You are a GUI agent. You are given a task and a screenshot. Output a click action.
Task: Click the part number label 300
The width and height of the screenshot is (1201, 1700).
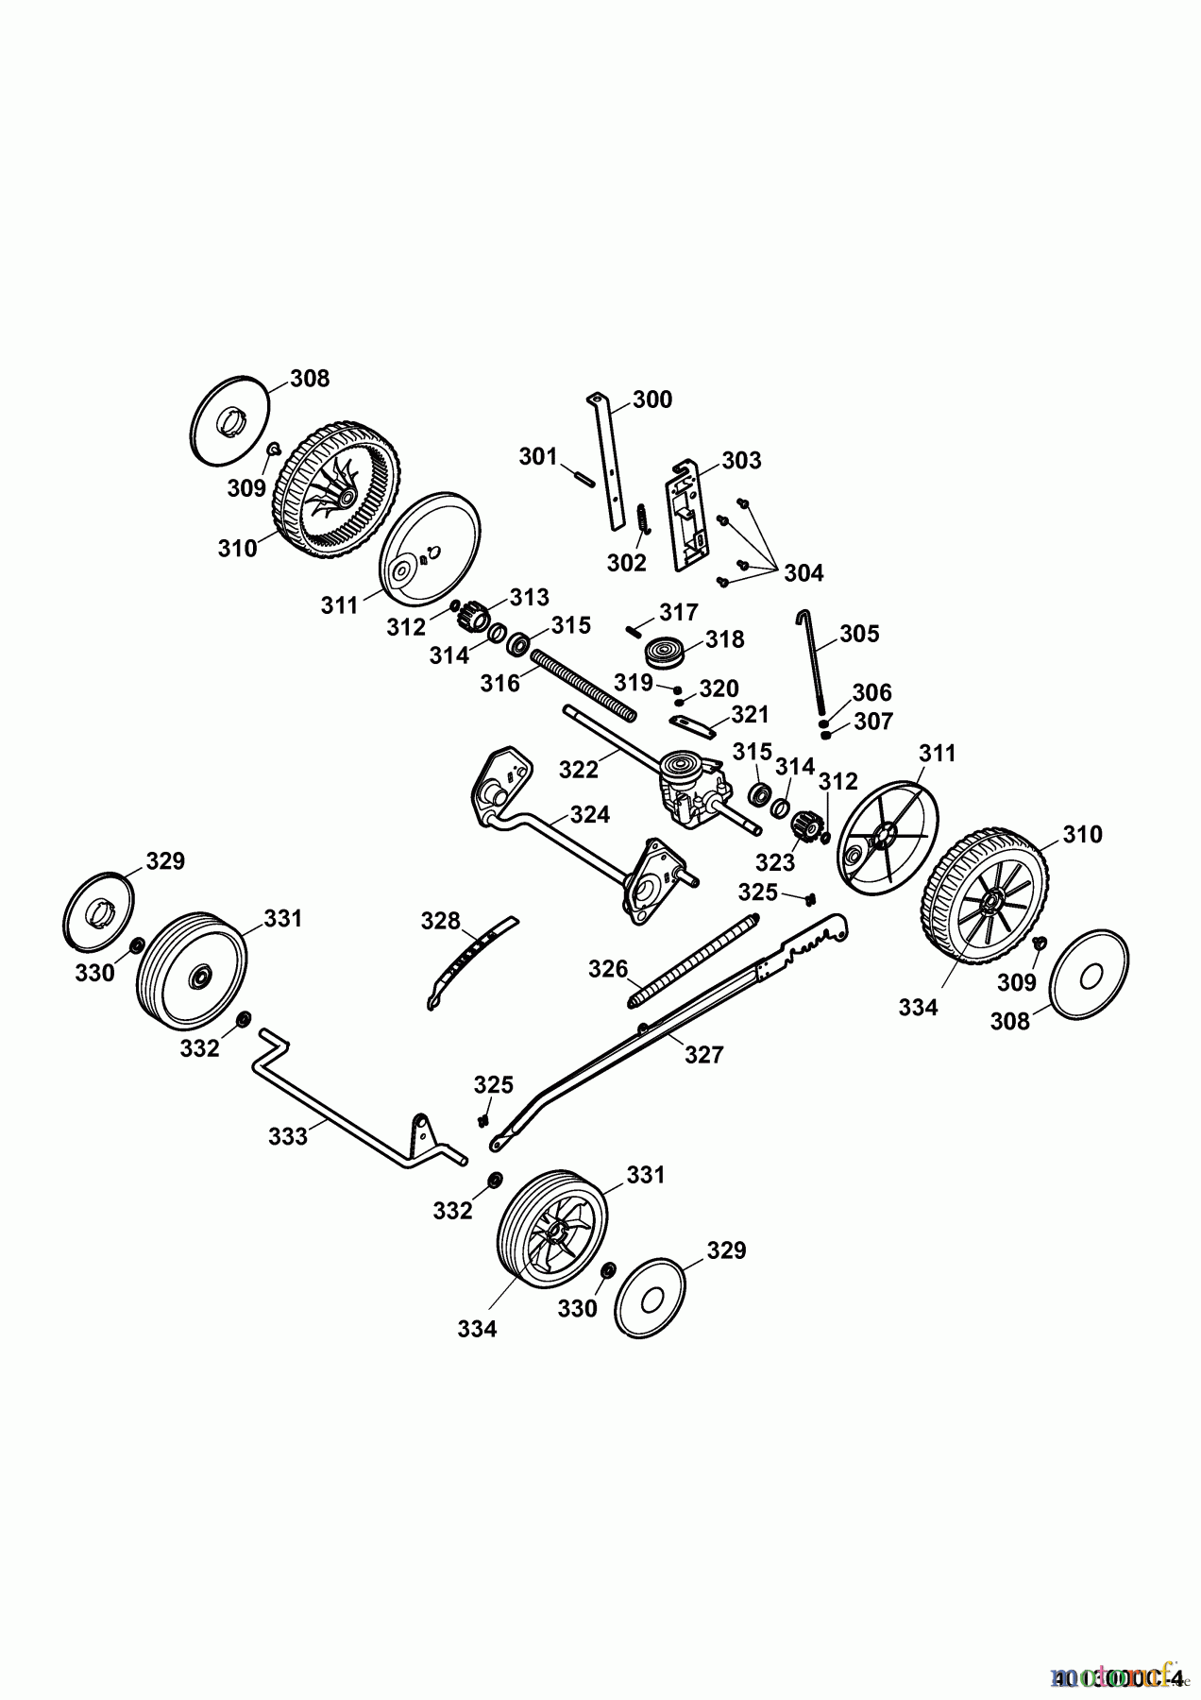point(652,399)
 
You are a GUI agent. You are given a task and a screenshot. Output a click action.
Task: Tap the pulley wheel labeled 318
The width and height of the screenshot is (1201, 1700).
point(664,654)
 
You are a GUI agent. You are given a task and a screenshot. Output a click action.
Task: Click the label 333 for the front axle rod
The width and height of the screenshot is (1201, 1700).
point(288,1136)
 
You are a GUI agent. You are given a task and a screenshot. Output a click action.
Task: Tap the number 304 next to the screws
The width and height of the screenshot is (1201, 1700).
point(803,572)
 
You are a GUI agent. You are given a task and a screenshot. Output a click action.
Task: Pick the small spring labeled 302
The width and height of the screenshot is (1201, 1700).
point(642,519)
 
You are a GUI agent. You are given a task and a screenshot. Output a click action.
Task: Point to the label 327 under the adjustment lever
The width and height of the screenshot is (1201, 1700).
point(703,1055)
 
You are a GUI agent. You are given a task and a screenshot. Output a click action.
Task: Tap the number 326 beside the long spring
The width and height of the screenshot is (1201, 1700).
point(608,969)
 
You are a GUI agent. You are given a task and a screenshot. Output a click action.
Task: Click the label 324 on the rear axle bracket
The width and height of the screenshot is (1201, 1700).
point(590,814)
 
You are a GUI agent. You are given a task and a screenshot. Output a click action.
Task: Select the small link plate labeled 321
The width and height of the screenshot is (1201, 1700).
point(692,723)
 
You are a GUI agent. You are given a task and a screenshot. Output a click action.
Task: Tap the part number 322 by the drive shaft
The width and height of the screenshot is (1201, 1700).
point(579,769)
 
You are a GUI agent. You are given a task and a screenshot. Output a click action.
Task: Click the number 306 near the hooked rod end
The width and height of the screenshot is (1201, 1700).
point(871,693)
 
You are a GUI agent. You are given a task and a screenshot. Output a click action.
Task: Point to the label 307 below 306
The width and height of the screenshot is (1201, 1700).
point(873,722)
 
